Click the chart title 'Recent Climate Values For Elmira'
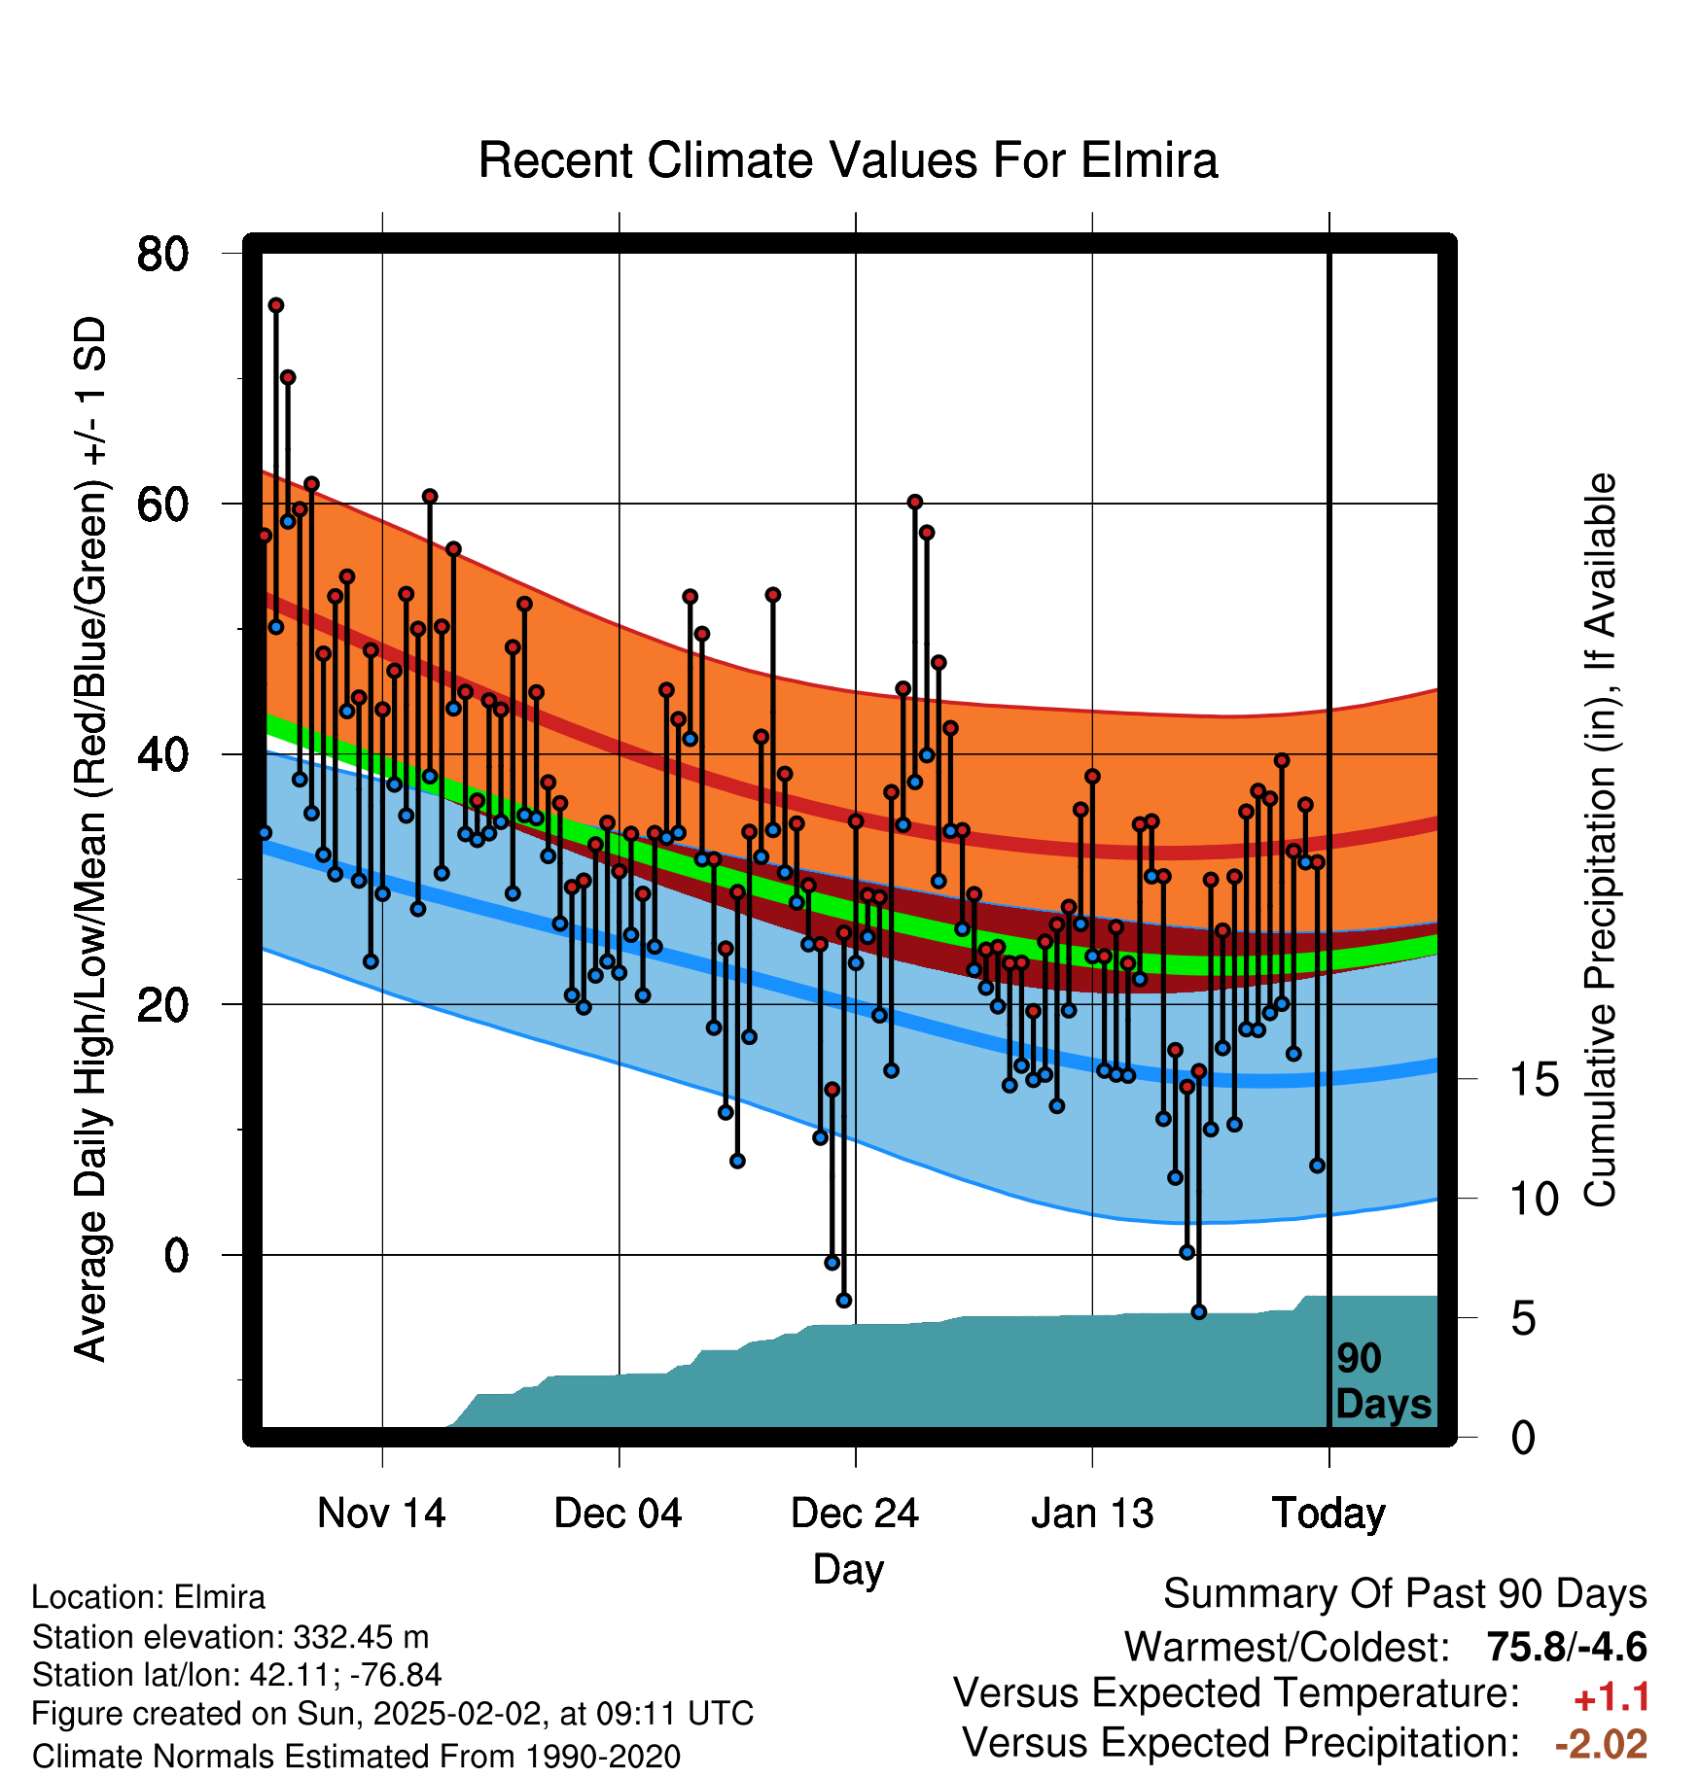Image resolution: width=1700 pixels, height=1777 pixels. pos(848,160)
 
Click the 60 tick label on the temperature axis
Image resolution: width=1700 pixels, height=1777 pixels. pos(162,504)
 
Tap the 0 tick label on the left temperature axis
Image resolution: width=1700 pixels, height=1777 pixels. pos(176,1255)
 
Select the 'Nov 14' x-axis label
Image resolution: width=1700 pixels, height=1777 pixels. pos(381,1514)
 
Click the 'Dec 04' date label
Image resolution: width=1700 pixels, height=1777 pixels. pos(619,1514)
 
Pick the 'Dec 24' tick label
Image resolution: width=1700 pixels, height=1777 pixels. pos(855,1514)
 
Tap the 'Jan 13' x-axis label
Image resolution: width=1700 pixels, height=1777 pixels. pos(1092,1514)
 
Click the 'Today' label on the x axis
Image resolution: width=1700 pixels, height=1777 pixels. pos(1328,1514)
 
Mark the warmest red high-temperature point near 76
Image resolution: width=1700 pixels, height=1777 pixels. pos(276,305)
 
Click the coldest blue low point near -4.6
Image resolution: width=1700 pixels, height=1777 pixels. pos(1199,1312)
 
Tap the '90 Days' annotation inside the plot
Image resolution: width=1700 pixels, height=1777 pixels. pos(1383,1381)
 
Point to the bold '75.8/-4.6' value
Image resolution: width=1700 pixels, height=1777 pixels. pos(1567,1647)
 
